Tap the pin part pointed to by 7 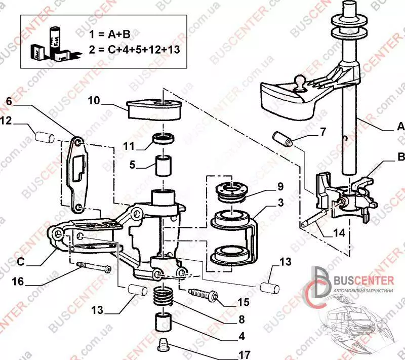click(281, 139)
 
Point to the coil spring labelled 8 click(164, 297)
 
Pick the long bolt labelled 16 click(94, 267)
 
